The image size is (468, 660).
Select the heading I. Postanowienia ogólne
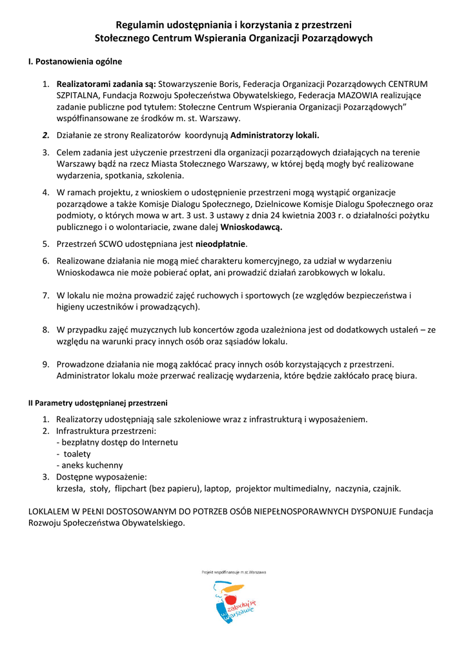pyautogui.click(x=76, y=62)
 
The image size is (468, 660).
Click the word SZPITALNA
pyautogui.click(x=77, y=95)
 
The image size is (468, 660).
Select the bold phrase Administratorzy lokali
pyautogui.click(x=275, y=135)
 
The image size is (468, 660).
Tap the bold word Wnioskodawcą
pyautogui.click(x=252, y=227)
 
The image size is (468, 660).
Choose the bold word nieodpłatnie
pyautogui.click(x=221, y=244)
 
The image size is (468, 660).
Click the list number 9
pyautogui.click(x=46, y=364)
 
